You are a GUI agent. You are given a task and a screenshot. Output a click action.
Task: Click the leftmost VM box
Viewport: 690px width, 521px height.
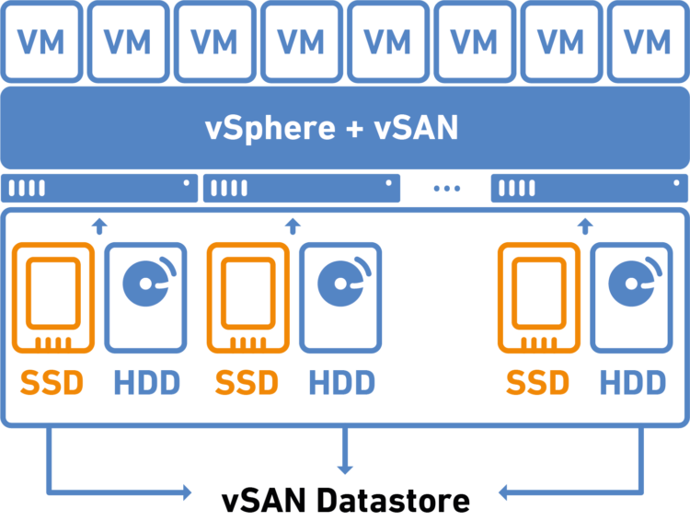42,41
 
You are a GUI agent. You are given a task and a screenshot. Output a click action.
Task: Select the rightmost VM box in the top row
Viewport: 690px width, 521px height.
647,41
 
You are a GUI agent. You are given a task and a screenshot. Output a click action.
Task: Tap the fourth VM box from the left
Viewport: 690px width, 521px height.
301,41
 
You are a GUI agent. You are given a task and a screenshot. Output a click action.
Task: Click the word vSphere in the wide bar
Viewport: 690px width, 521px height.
270,128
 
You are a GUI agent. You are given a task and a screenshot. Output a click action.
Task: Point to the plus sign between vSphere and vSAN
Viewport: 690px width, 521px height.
354,129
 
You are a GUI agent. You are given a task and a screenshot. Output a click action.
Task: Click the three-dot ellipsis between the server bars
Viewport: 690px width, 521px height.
446,189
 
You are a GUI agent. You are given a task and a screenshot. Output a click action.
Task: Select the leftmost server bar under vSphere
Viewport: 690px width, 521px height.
99,188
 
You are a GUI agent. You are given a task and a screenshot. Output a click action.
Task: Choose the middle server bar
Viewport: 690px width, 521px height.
301,188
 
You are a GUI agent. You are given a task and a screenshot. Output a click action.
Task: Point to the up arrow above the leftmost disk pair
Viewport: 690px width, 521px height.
100,224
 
